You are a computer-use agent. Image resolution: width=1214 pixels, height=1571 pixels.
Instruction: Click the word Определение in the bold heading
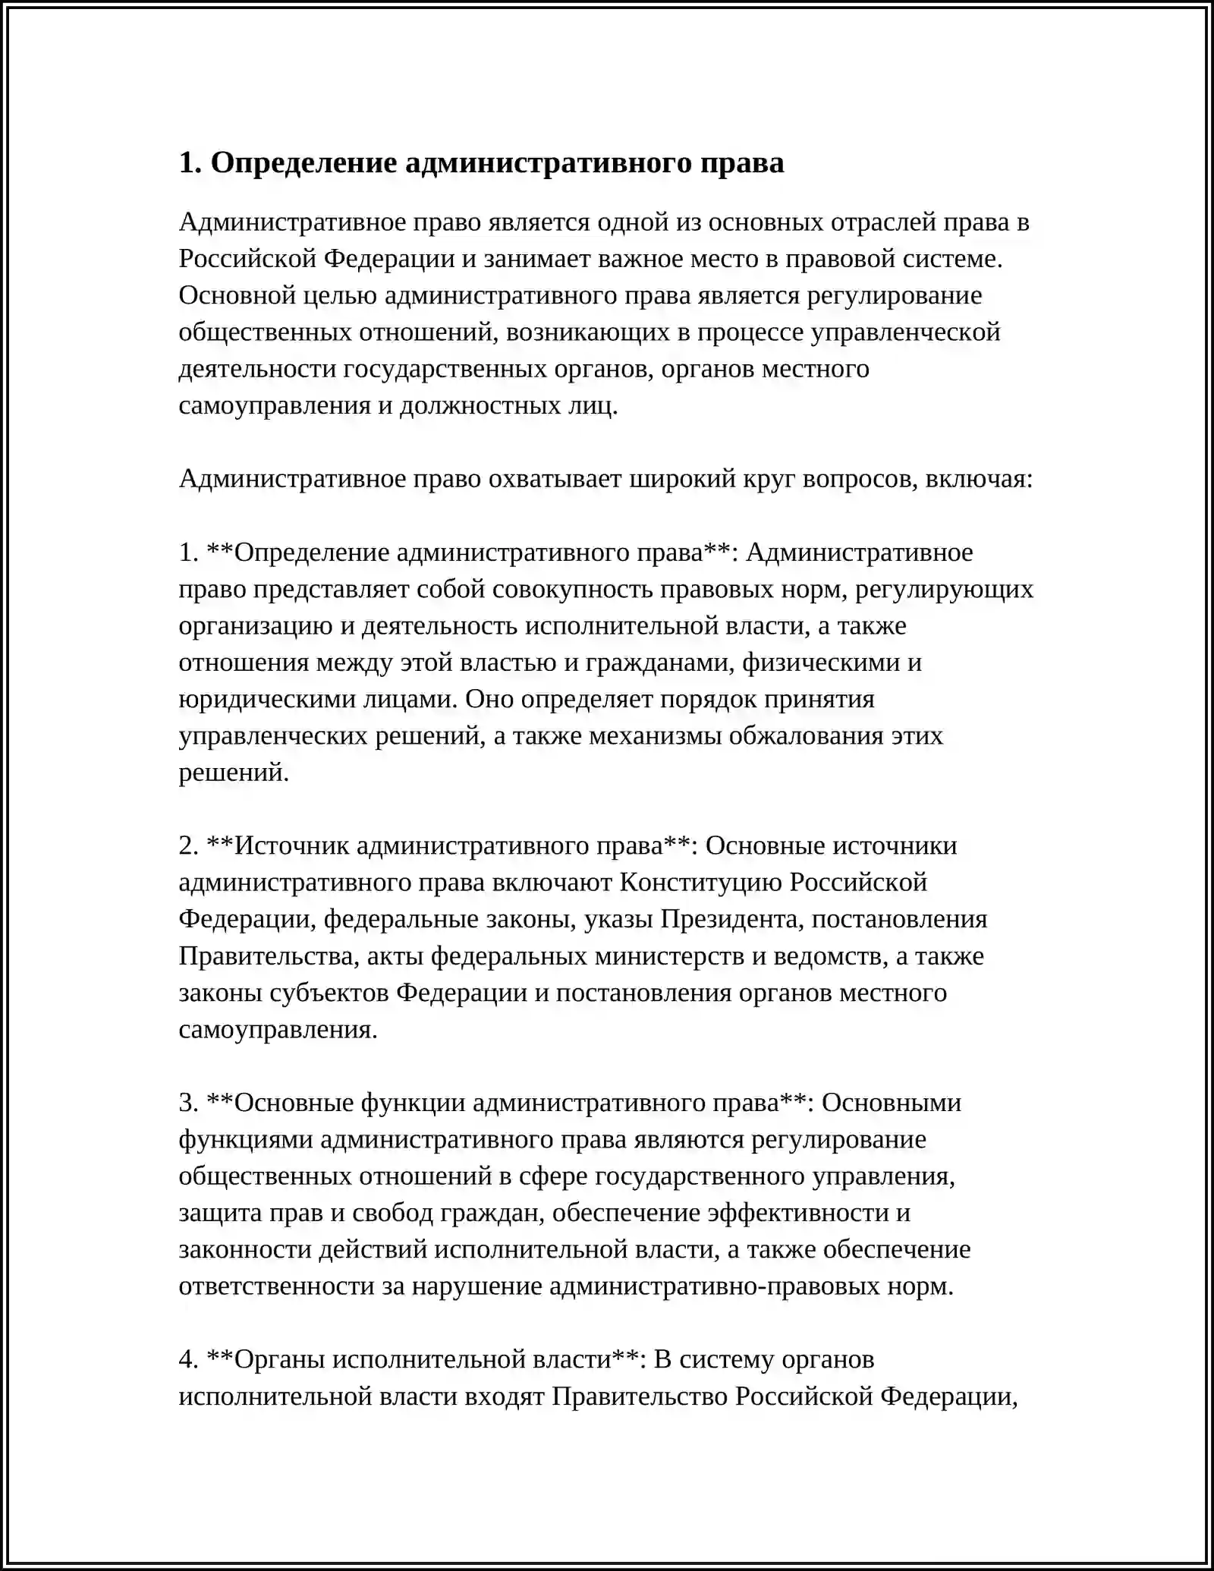303,163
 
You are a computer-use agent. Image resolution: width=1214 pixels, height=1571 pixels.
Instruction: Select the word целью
339,296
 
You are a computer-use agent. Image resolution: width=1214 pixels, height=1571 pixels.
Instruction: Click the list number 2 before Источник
187,846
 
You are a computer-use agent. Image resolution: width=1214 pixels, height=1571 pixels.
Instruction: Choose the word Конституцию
700,883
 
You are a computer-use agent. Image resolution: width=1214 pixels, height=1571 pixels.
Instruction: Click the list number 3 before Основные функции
187,1103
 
